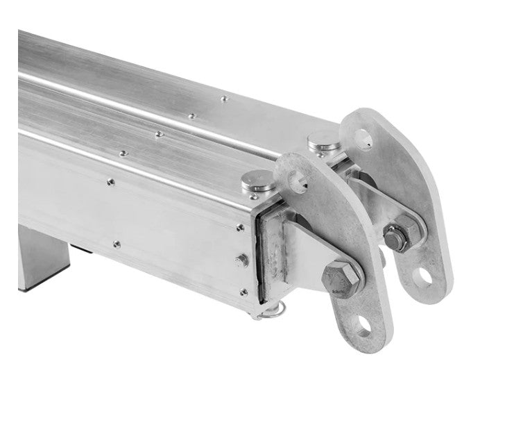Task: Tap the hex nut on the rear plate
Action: (396, 239)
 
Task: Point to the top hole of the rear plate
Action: (363, 142)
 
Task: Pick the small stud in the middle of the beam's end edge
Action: (241, 260)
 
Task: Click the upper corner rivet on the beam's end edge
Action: (240, 228)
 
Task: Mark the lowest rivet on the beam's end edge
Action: (243, 292)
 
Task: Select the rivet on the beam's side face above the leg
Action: (117, 244)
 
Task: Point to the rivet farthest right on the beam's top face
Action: (224, 99)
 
